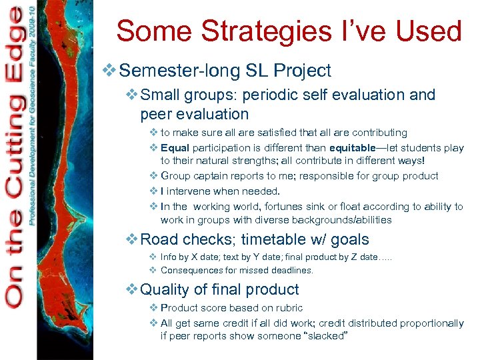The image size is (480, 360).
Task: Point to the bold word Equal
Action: pyautogui.click(x=175, y=148)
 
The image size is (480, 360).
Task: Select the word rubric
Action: pyautogui.click(x=288, y=308)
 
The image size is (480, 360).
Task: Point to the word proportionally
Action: pyautogui.click(x=429, y=323)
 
